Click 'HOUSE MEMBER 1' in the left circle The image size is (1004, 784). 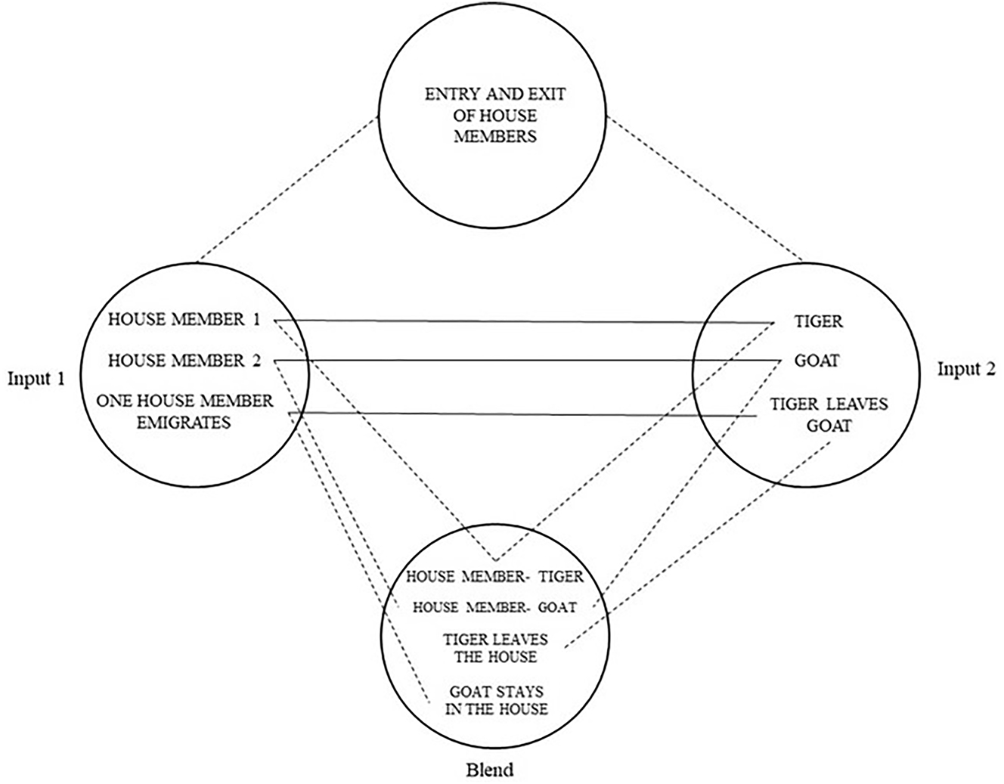[184, 320]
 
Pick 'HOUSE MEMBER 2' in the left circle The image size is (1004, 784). [184, 361]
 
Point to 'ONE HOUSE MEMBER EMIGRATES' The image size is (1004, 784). [184, 411]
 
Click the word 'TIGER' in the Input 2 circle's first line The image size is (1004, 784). [818, 321]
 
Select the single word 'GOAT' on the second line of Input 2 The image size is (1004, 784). [817, 361]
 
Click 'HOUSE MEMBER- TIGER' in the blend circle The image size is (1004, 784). [494, 577]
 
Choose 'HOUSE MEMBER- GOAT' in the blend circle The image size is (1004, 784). [494, 607]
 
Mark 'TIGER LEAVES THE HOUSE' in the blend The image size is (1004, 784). [495, 648]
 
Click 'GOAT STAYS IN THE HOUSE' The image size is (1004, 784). [497, 700]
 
